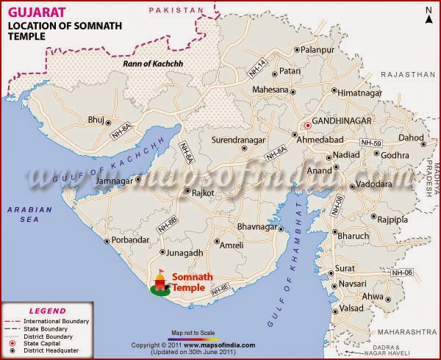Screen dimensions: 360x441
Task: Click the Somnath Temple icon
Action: pos(159,284)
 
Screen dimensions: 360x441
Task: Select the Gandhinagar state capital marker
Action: pos(309,125)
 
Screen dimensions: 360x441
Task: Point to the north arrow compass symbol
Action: pos(428,14)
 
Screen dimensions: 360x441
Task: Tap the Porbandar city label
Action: pos(131,240)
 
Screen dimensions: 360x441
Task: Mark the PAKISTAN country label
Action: pos(174,10)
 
